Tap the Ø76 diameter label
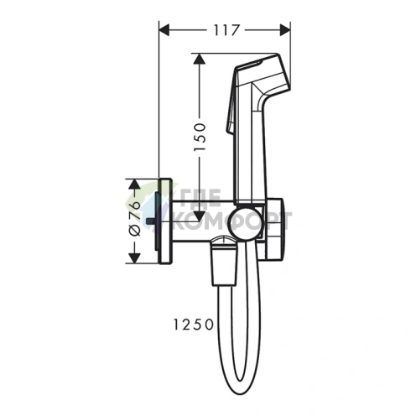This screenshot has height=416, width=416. coord(133,221)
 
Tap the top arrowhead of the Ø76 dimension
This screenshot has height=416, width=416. coord(133,183)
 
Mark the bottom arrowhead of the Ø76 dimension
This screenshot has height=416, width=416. coord(133,257)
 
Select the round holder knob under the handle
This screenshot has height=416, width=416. coord(247,220)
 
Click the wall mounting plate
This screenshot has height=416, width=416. coord(165,221)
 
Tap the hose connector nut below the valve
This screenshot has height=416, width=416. coord(222,256)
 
